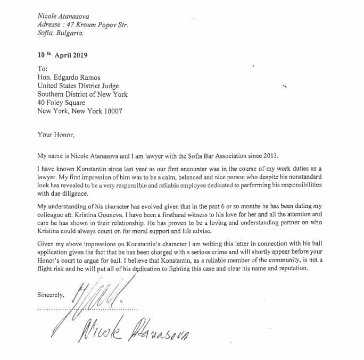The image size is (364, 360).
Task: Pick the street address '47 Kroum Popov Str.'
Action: pos(98,24)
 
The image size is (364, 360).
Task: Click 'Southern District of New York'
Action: pos(82,94)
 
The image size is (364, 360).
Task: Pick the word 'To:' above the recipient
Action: pos(43,69)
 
